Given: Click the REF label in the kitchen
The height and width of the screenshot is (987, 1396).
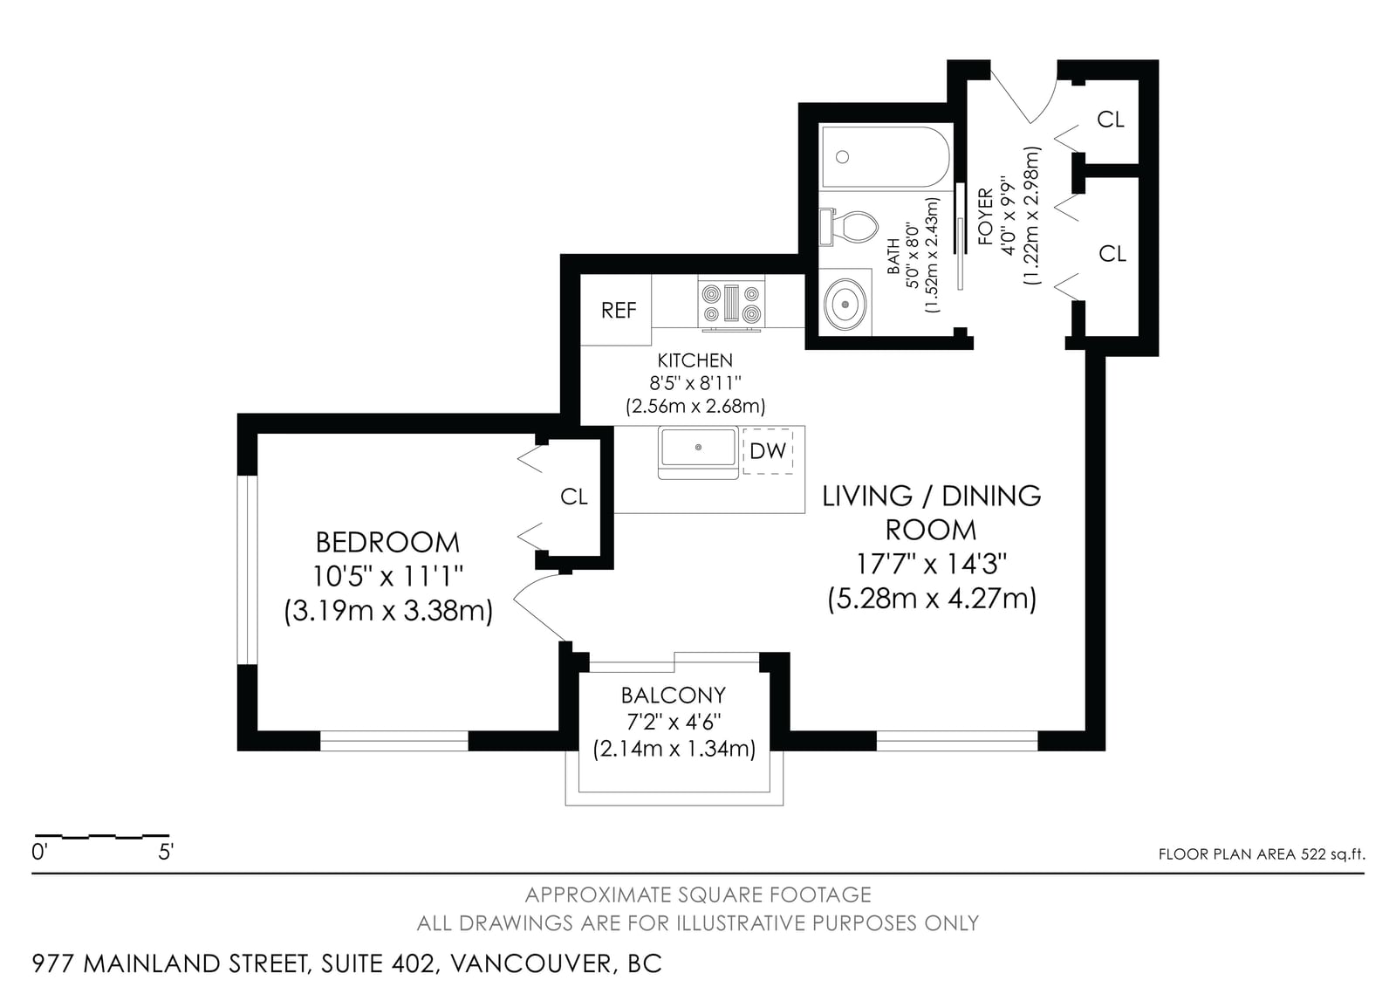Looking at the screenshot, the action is tap(619, 310).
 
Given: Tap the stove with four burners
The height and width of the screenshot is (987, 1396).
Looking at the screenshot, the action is tap(732, 303).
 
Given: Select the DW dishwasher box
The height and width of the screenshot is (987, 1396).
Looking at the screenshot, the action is tap(768, 451).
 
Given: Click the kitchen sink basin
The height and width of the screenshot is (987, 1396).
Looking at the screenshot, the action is tap(699, 447).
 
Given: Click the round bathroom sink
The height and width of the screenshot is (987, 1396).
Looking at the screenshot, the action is tap(845, 305).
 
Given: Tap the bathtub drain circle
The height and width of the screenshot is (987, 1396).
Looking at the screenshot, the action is tap(843, 157).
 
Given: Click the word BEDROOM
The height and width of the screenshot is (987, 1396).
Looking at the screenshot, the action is tap(387, 543).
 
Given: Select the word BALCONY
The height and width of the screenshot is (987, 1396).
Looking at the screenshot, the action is tap(674, 695).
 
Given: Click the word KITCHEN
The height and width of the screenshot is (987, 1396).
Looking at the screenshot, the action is tap(695, 360).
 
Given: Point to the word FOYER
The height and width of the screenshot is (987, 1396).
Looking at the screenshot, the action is tap(985, 216).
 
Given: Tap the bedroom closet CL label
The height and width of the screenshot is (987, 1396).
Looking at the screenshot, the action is tap(574, 497).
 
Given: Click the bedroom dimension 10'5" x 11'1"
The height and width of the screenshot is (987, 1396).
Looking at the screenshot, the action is tap(387, 577).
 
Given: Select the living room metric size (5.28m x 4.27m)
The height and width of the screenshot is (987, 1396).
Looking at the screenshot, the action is tap(932, 599).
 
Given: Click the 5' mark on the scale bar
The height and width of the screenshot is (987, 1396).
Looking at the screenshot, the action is tap(165, 852).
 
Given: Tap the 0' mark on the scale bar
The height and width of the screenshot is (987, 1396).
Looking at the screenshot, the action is tap(39, 852).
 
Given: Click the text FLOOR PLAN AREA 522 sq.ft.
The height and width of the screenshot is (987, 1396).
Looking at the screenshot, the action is tap(1262, 854).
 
